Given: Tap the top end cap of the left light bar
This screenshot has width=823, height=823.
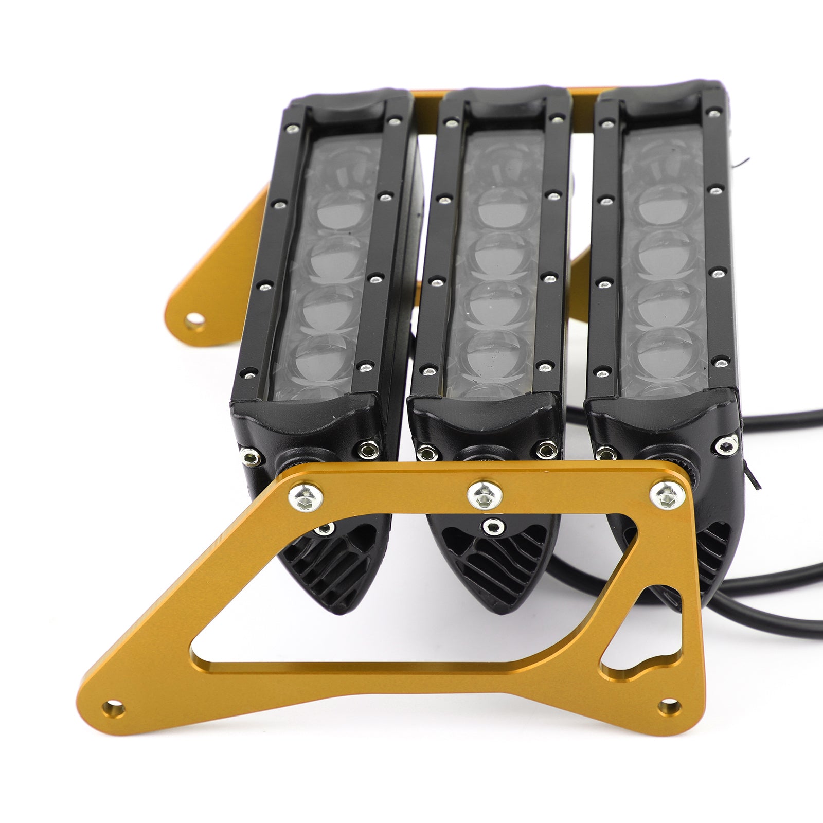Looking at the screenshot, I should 350,106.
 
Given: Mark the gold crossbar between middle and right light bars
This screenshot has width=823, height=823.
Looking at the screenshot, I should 584,96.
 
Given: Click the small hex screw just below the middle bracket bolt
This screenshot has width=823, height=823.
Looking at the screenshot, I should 493,525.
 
